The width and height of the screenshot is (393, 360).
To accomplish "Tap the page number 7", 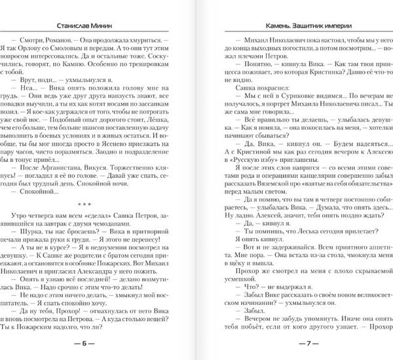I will tap(295, 342).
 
